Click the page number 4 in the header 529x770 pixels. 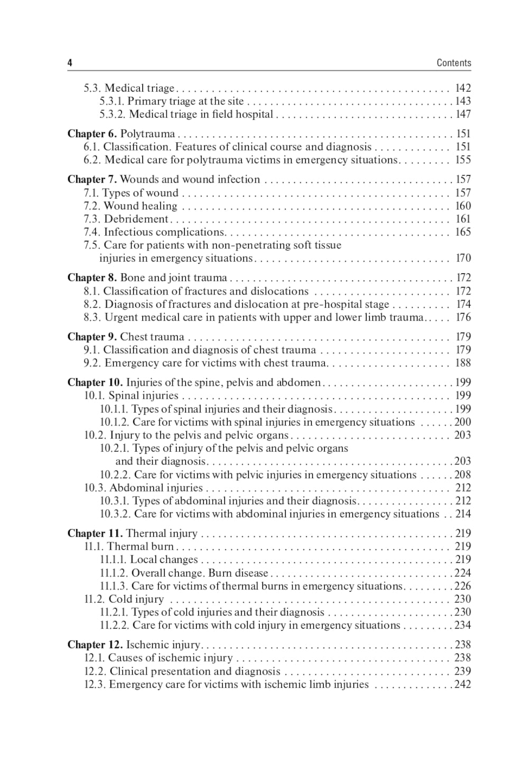coord(70,63)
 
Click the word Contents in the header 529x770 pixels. coord(453,63)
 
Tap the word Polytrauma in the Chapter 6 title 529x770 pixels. coord(148,134)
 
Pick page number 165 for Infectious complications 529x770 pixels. coord(463,232)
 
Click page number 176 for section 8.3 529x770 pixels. coord(463,317)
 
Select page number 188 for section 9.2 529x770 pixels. coord(463,363)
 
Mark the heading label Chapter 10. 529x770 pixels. coord(95,382)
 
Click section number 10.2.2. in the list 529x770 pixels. coord(115,474)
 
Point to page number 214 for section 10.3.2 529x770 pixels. coord(463,514)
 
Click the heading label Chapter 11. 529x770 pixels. coord(95,533)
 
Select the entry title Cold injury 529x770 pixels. coord(136,599)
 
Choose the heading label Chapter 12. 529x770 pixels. coord(95,644)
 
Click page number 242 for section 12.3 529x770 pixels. coord(463,684)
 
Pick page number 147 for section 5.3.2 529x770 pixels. coord(463,114)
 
